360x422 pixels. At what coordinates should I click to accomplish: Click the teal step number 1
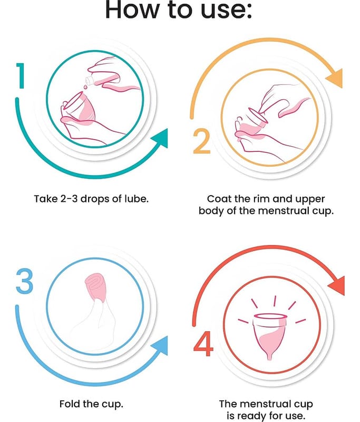click(x=21, y=75)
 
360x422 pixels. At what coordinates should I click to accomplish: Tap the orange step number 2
click(x=202, y=141)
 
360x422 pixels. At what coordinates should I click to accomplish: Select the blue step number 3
click(x=24, y=281)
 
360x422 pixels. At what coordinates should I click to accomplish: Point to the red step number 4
click(x=203, y=344)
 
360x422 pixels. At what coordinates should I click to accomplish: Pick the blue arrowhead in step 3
click(x=161, y=346)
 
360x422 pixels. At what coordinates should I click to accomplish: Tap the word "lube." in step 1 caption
click(x=136, y=199)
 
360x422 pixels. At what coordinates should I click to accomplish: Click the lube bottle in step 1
click(x=101, y=79)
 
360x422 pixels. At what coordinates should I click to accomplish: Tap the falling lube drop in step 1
click(x=85, y=87)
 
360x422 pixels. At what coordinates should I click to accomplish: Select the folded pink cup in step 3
click(x=95, y=287)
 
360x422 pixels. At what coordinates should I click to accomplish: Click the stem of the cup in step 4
click(x=269, y=356)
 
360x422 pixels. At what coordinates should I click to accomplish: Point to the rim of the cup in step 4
click(x=270, y=316)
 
